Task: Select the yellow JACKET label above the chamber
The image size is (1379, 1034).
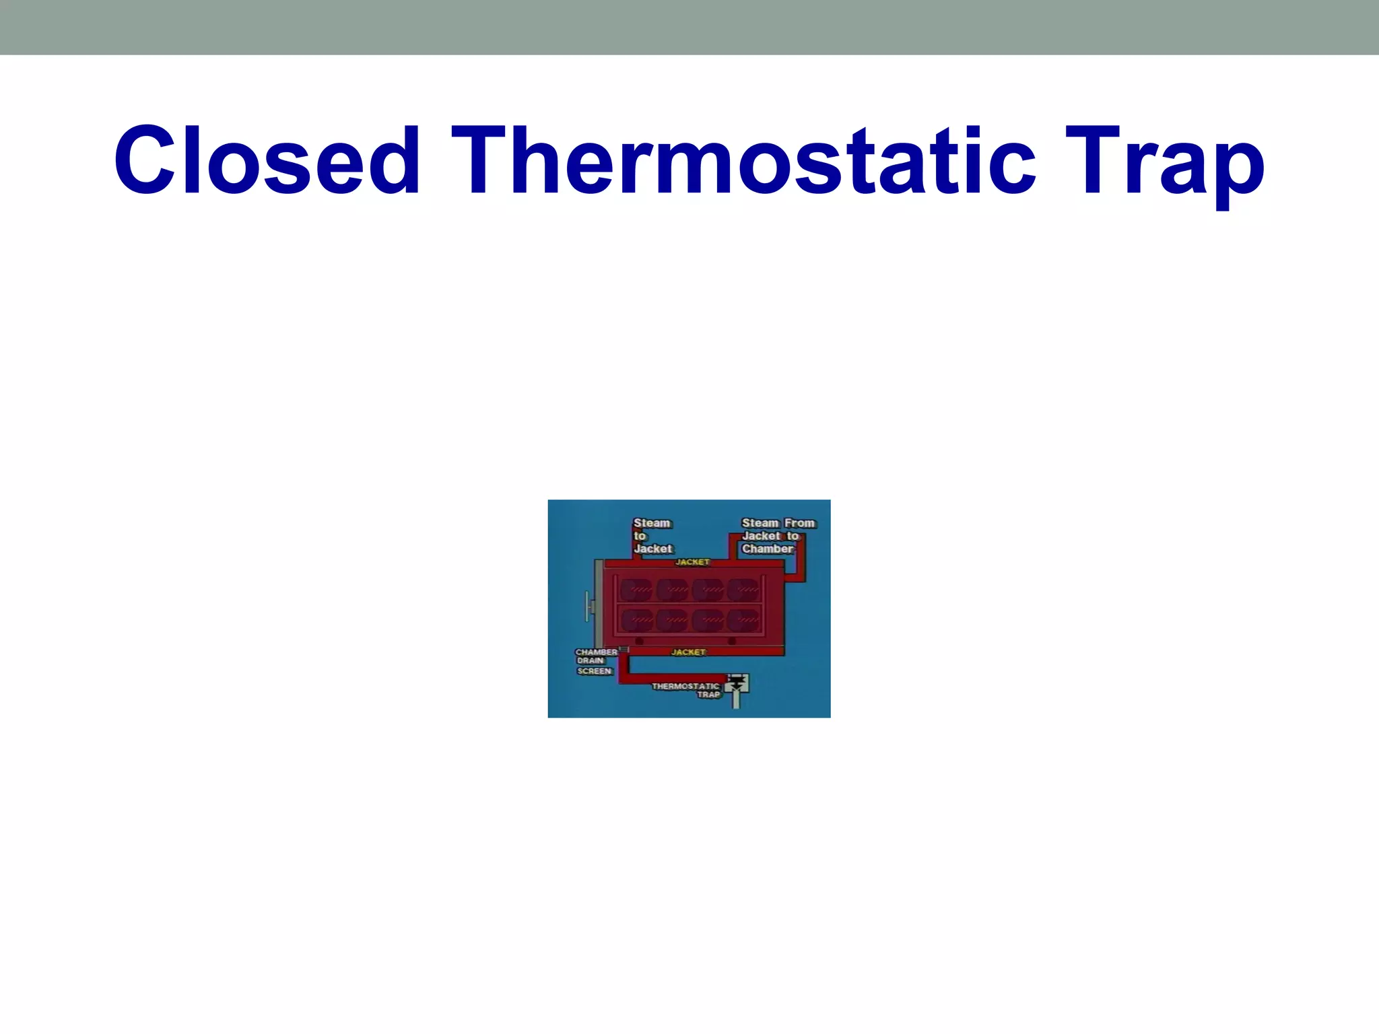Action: coord(692,562)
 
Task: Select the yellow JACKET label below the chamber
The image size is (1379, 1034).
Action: coord(688,652)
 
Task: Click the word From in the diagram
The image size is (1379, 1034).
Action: coord(799,523)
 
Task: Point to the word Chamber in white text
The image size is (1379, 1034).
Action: coord(768,549)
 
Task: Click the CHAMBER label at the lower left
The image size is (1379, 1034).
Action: coord(596,652)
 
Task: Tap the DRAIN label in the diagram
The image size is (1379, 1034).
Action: coord(591,661)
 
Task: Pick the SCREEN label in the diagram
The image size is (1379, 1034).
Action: coord(595,671)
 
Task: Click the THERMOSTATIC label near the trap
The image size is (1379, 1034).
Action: coord(685,687)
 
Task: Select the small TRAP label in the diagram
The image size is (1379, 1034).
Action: coord(708,695)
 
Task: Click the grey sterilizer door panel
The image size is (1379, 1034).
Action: coord(598,602)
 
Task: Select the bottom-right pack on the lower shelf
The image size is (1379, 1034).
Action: coord(743,620)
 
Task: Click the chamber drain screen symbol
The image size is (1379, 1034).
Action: coord(624,650)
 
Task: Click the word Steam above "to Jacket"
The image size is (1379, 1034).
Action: coord(652,523)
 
